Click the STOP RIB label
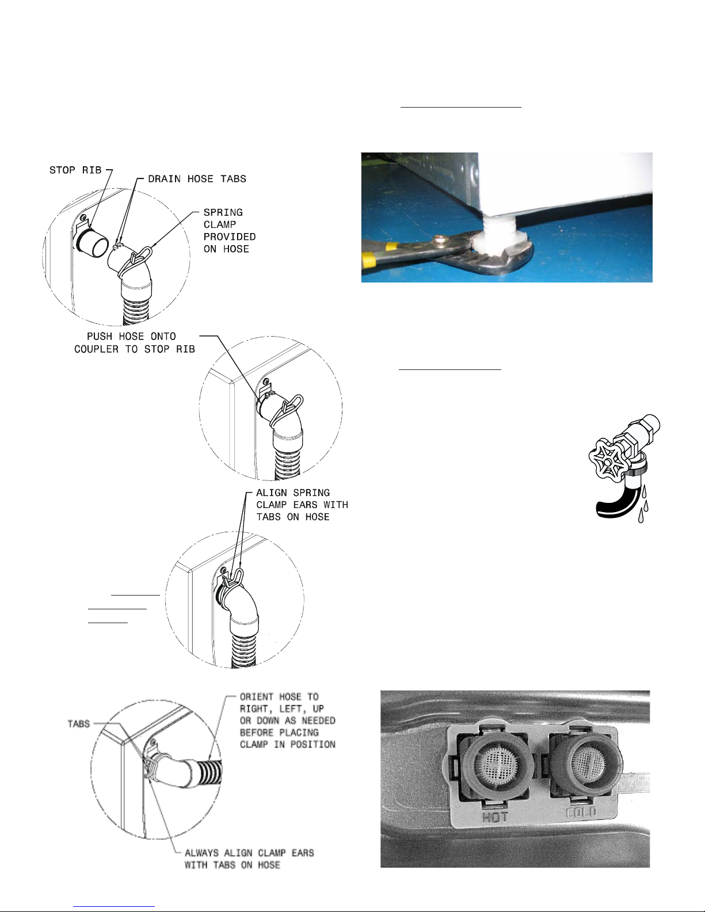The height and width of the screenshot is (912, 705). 75,170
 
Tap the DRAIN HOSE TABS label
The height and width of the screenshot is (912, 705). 197,179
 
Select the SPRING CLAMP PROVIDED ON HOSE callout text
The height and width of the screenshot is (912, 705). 230,230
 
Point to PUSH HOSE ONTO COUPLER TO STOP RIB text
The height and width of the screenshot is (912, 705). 134,342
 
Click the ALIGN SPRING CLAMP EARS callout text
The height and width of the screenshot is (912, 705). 302,505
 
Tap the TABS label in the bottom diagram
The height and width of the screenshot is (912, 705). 79,723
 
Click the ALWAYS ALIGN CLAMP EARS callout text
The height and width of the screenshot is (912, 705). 249,858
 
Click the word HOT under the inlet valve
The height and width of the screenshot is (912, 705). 495,817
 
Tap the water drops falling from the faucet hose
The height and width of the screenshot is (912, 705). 643,504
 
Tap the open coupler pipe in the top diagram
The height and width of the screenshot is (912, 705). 92,242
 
